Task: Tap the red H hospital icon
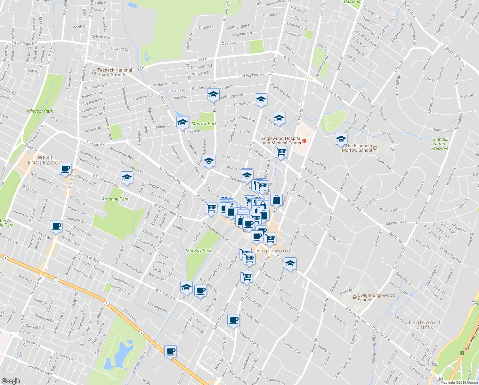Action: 304,141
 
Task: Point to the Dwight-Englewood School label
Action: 376,297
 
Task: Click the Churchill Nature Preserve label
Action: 440,144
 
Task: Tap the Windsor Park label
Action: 40,111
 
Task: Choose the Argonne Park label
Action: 115,199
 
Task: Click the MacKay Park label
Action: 199,251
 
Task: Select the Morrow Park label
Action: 204,124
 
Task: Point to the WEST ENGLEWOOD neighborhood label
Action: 45,160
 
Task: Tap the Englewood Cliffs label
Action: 425,325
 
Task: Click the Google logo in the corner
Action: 11,381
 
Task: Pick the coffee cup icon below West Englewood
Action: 65,168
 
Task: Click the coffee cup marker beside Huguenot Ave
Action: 233,320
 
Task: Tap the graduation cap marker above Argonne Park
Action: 127,177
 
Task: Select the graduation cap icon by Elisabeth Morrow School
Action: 341,139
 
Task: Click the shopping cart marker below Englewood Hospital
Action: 281,151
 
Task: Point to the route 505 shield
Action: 441,379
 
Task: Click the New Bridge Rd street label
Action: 24,43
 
